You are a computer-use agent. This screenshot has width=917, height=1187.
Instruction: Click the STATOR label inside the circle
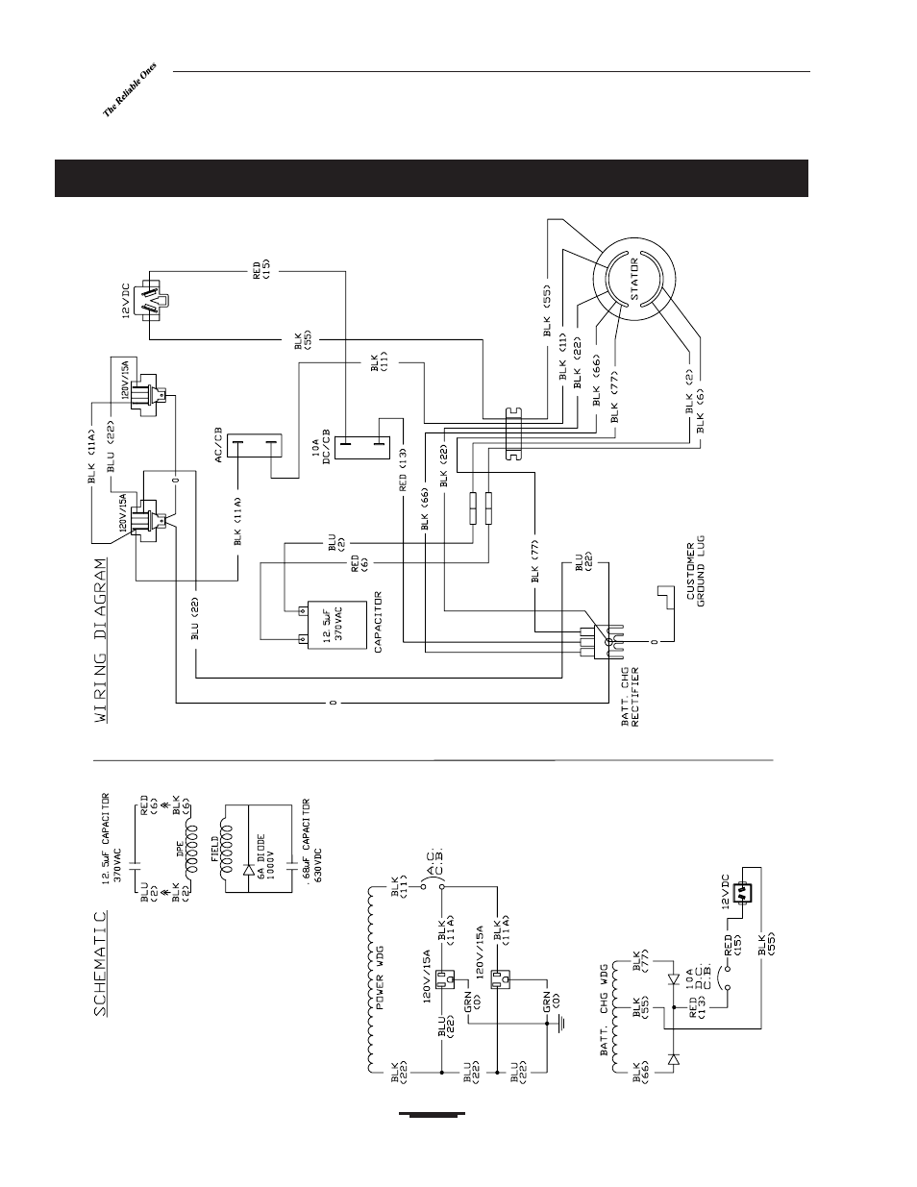634,279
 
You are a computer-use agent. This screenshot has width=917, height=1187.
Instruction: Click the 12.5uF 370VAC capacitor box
337,625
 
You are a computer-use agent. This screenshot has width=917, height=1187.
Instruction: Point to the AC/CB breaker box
255,445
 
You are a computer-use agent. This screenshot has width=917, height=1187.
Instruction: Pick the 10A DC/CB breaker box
362,447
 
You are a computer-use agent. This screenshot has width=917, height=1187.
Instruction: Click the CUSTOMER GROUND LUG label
695,571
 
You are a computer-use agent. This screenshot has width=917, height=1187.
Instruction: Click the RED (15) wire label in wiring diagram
261,271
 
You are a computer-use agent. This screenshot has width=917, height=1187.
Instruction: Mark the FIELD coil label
214,849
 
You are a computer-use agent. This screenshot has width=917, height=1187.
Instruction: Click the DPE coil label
181,862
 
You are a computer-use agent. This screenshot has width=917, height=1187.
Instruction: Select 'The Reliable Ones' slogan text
130,89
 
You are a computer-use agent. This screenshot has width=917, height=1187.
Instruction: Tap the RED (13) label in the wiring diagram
403,470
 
